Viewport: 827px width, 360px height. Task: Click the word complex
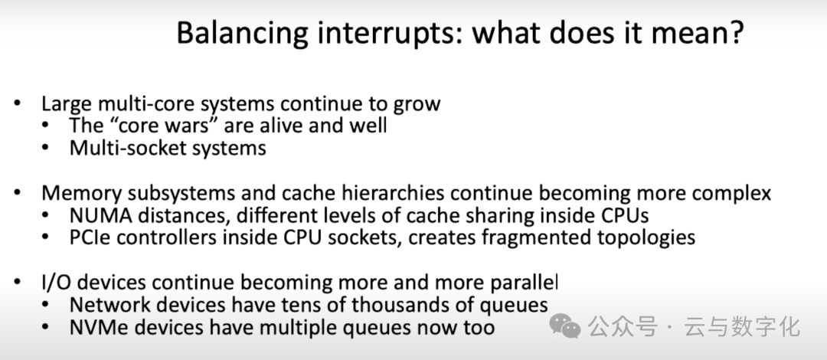[731, 193]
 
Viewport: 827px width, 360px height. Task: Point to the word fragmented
[529, 237]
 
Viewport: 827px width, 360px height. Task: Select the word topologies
[651, 237]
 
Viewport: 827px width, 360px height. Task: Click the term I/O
[55, 283]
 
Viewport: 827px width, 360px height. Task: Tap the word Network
[106, 305]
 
